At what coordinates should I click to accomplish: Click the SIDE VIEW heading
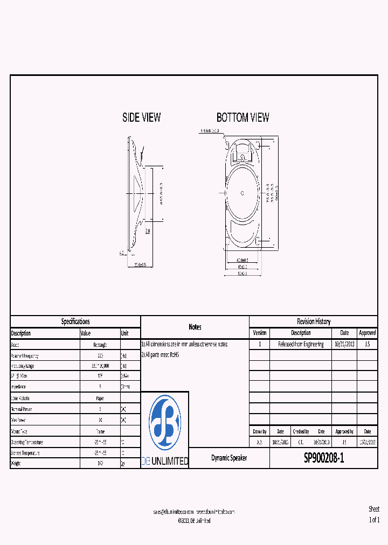(141, 117)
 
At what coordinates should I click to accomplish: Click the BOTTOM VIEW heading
(242, 117)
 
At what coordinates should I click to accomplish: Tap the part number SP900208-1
(323, 458)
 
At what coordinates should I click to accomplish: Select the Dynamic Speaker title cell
(229, 458)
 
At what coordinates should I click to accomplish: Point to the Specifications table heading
(75, 322)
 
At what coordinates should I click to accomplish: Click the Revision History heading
(313, 322)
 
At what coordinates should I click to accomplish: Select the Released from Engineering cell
(301, 344)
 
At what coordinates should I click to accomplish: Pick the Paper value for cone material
(100, 399)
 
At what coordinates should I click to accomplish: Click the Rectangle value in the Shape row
(100, 345)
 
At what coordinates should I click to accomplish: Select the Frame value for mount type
(100, 431)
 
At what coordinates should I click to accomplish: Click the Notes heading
(195, 327)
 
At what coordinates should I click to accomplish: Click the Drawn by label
(259, 431)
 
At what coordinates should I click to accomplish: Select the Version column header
(259, 333)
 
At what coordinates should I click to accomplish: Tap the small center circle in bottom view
(242, 193)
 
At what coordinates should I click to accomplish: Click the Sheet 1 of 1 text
(373, 514)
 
